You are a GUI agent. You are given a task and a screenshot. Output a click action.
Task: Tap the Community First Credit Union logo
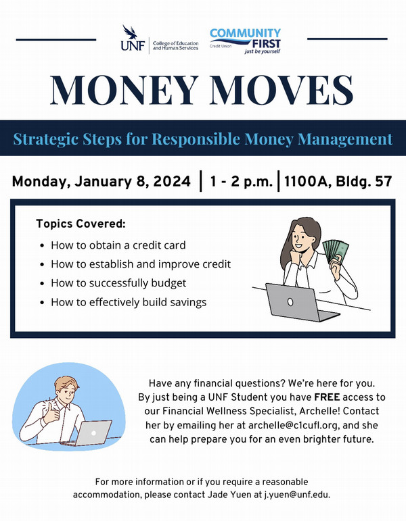pos(245,41)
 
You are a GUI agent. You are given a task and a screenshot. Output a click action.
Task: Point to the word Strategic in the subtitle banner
pos(68,139)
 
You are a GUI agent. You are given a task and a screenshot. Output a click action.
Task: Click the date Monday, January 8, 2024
pos(101,181)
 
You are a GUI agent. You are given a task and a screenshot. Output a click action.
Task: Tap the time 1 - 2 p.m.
pos(242,181)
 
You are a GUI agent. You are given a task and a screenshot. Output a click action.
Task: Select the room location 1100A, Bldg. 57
pos(338,181)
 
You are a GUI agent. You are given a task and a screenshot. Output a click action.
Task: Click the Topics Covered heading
pos(81,223)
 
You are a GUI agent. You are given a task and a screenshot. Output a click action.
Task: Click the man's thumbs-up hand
pos(51,412)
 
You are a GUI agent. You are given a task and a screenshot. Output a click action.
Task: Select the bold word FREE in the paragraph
pos(327,397)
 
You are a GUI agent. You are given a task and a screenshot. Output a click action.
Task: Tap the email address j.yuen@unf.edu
pos(297,495)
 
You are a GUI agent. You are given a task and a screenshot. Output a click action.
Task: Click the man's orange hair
pos(66,383)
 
